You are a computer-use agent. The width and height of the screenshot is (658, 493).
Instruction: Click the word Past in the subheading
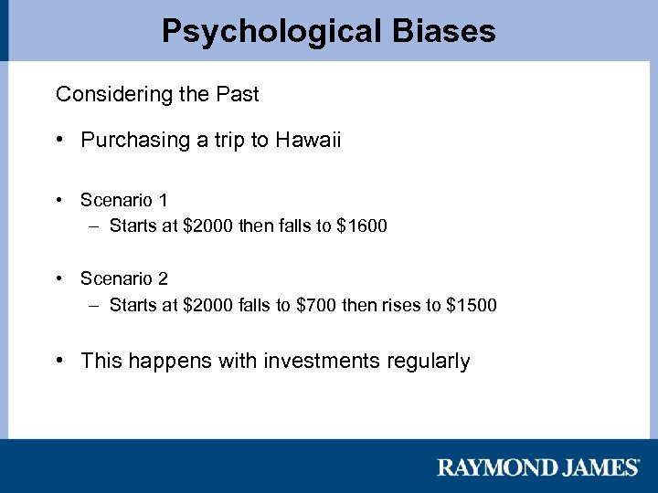239,94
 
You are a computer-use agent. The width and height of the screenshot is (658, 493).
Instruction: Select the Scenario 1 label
123,200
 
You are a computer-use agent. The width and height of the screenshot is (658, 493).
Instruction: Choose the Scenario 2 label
123,278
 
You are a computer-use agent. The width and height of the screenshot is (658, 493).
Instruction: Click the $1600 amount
363,226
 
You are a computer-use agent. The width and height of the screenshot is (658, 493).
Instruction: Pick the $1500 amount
472,304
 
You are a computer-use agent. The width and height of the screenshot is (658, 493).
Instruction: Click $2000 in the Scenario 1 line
208,226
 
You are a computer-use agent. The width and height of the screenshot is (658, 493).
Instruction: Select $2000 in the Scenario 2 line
208,304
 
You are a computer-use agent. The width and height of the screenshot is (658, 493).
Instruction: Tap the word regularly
429,362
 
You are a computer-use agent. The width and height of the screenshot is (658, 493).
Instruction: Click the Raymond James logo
538,467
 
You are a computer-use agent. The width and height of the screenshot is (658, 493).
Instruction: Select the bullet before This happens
60,361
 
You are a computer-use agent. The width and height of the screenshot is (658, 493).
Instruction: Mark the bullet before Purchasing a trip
60,140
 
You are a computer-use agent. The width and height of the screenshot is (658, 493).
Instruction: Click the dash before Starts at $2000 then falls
95,226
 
